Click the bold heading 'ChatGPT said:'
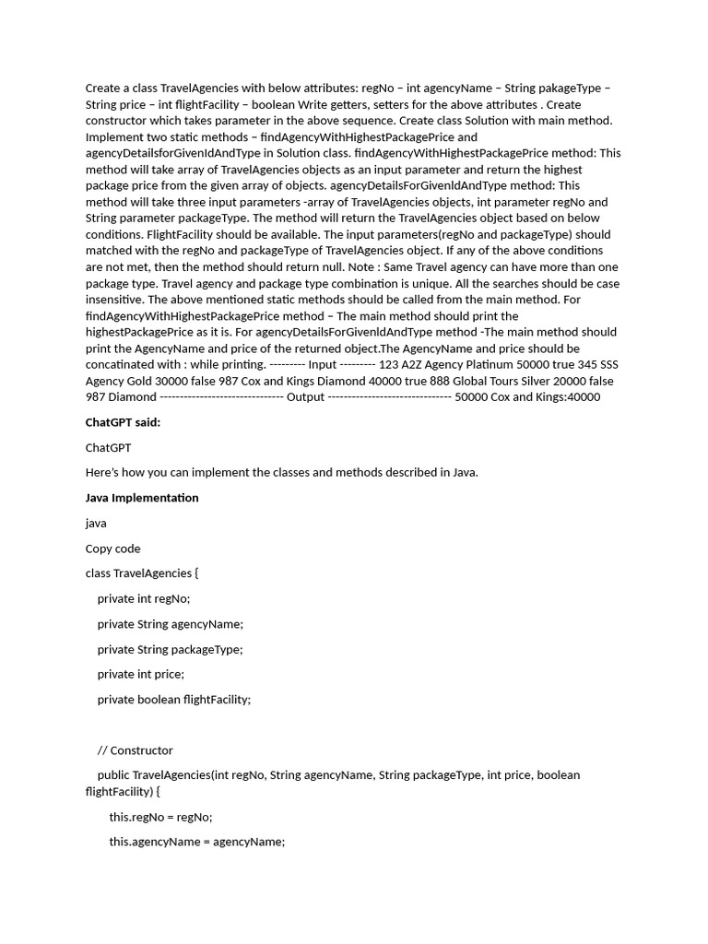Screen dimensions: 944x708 point(123,422)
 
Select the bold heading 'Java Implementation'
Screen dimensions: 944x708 point(142,498)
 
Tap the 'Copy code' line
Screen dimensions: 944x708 point(112,549)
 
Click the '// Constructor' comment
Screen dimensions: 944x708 point(135,749)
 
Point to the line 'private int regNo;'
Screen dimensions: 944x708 point(143,598)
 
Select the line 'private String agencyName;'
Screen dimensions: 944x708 point(170,624)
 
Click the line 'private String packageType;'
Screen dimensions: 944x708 point(170,649)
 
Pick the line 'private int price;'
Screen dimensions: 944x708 point(140,674)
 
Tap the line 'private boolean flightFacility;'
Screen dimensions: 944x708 point(173,699)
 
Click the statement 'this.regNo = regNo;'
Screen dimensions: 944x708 point(160,817)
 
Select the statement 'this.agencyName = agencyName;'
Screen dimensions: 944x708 point(196,842)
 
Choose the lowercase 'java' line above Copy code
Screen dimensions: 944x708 point(96,523)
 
